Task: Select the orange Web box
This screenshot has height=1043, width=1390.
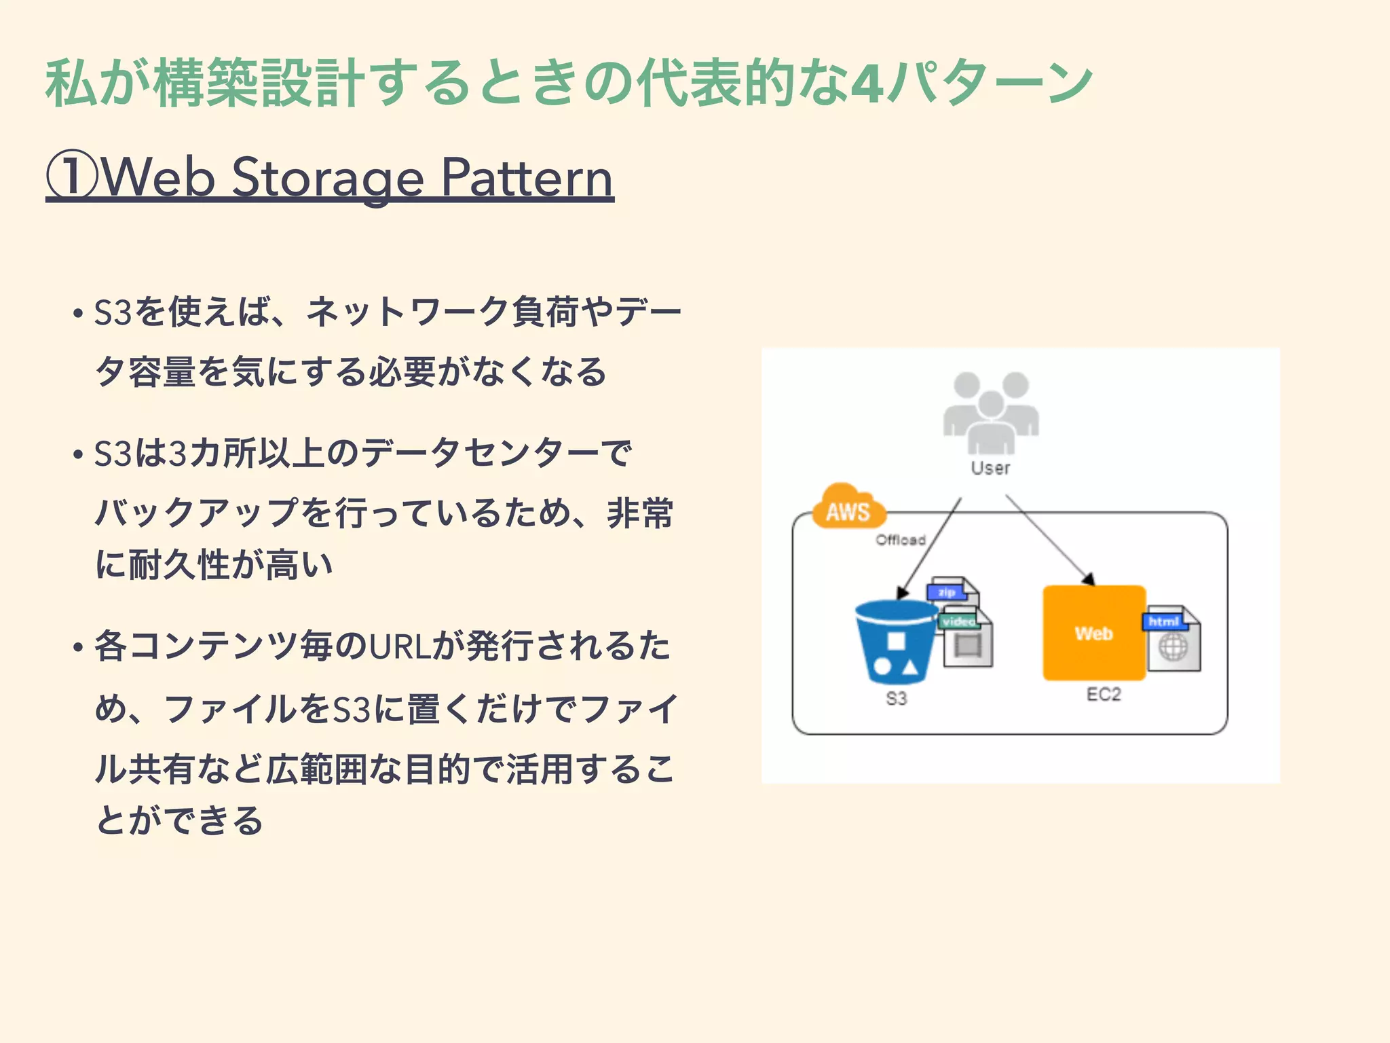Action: (1093, 633)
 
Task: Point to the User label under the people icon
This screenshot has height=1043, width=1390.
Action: (990, 468)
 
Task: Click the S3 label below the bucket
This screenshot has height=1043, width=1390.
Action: (896, 698)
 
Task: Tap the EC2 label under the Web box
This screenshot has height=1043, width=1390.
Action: (1104, 694)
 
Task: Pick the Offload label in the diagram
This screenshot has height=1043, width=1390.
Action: (901, 540)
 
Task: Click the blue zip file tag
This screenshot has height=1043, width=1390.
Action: (947, 592)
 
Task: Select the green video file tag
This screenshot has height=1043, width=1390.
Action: (958, 621)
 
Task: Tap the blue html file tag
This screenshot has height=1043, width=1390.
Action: (1163, 621)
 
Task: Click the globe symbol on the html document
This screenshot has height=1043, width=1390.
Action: (1173, 647)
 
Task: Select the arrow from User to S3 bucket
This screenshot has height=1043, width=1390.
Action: (930, 547)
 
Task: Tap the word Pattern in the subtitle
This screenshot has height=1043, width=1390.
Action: (527, 178)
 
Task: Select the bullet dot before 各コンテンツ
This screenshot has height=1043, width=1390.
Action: (78, 647)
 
